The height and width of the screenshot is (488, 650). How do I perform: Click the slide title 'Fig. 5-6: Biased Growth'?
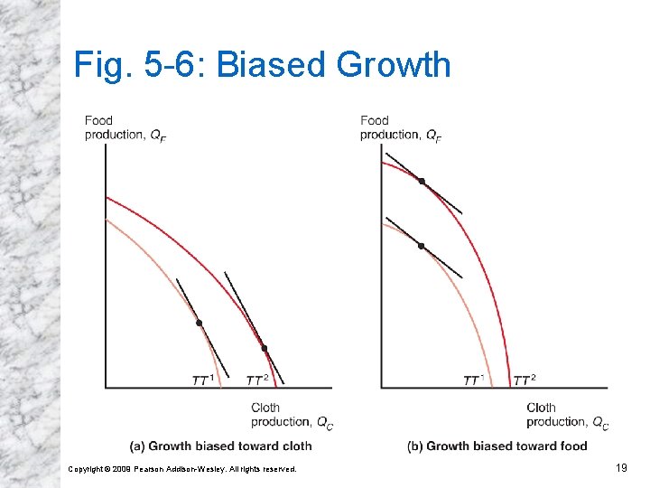pyautogui.click(x=262, y=65)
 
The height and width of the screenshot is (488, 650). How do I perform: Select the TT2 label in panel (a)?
pyautogui.click(x=257, y=380)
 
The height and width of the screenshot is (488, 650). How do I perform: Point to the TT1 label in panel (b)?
pyautogui.click(x=474, y=380)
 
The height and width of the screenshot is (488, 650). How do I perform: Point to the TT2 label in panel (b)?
pyautogui.click(x=525, y=380)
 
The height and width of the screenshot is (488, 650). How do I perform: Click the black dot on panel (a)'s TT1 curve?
pyautogui.click(x=200, y=323)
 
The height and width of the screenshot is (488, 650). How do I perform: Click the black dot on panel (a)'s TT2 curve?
pyautogui.click(x=265, y=348)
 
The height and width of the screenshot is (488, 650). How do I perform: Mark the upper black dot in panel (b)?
pyautogui.click(x=422, y=181)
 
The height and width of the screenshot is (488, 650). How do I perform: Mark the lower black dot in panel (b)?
pyautogui.click(x=421, y=245)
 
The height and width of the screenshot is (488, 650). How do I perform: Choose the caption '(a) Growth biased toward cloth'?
pyautogui.click(x=221, y=446)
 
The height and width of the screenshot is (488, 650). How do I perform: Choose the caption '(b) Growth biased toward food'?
pyautogui.click(x=497, y=446)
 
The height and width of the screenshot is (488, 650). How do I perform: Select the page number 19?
pyautogui.click(x=620, y=467)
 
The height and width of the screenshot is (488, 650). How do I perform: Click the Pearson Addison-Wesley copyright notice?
pyautogui.click(x=182, y=468)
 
